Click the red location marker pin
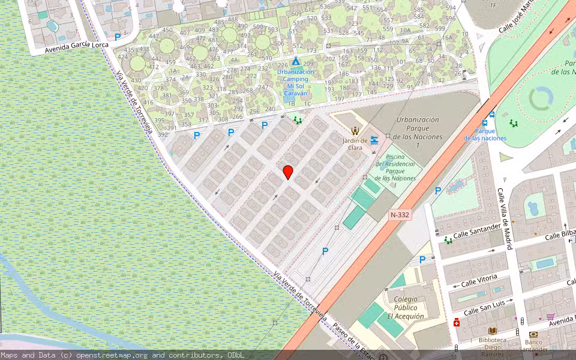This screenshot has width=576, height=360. (288, 172)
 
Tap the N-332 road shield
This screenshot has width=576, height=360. (400, 214)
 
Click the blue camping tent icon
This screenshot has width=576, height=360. (295, 62)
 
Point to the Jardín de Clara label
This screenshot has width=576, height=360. (355, 144)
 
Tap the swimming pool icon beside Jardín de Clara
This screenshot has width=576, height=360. (374, 140)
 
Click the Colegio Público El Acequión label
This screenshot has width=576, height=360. (406, 307)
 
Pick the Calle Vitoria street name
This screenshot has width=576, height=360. (479, 280)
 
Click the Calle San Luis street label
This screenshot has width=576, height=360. (488, 307)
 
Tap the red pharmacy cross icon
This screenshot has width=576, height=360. (457, 323)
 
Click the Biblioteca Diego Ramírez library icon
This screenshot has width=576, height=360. (492, 331)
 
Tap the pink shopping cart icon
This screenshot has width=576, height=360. (550, 317)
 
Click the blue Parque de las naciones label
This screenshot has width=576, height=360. (485, 134)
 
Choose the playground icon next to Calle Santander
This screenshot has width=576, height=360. (448, 240)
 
